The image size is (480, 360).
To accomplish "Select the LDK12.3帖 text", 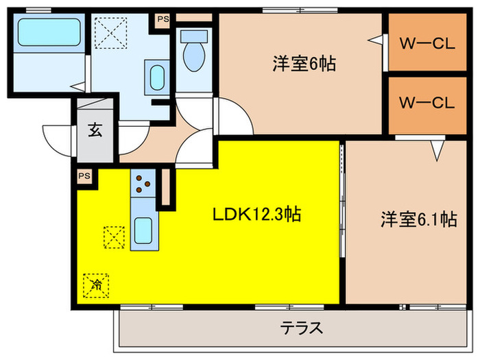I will click(256, 215).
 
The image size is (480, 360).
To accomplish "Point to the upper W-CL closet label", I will click(427, 44).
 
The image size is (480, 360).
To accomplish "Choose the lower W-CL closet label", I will click(427, 104).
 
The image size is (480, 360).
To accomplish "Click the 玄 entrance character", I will click(95, 131).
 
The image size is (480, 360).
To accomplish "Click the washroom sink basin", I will click(157, 73).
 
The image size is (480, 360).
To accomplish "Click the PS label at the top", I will click(163, 19).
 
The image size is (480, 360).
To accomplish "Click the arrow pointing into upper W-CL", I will click(374, 40).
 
